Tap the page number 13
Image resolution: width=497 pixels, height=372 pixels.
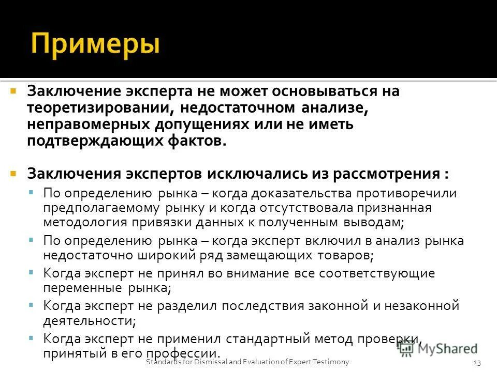[x=477, y=362]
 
